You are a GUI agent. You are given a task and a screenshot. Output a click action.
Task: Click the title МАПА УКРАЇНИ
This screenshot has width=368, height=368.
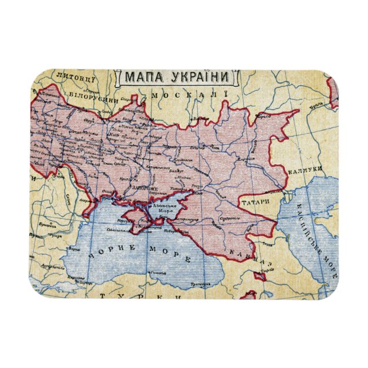174,77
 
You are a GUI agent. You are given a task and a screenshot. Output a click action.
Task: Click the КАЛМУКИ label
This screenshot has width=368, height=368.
306,170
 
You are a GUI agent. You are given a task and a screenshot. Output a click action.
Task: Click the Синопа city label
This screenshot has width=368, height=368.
153,273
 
